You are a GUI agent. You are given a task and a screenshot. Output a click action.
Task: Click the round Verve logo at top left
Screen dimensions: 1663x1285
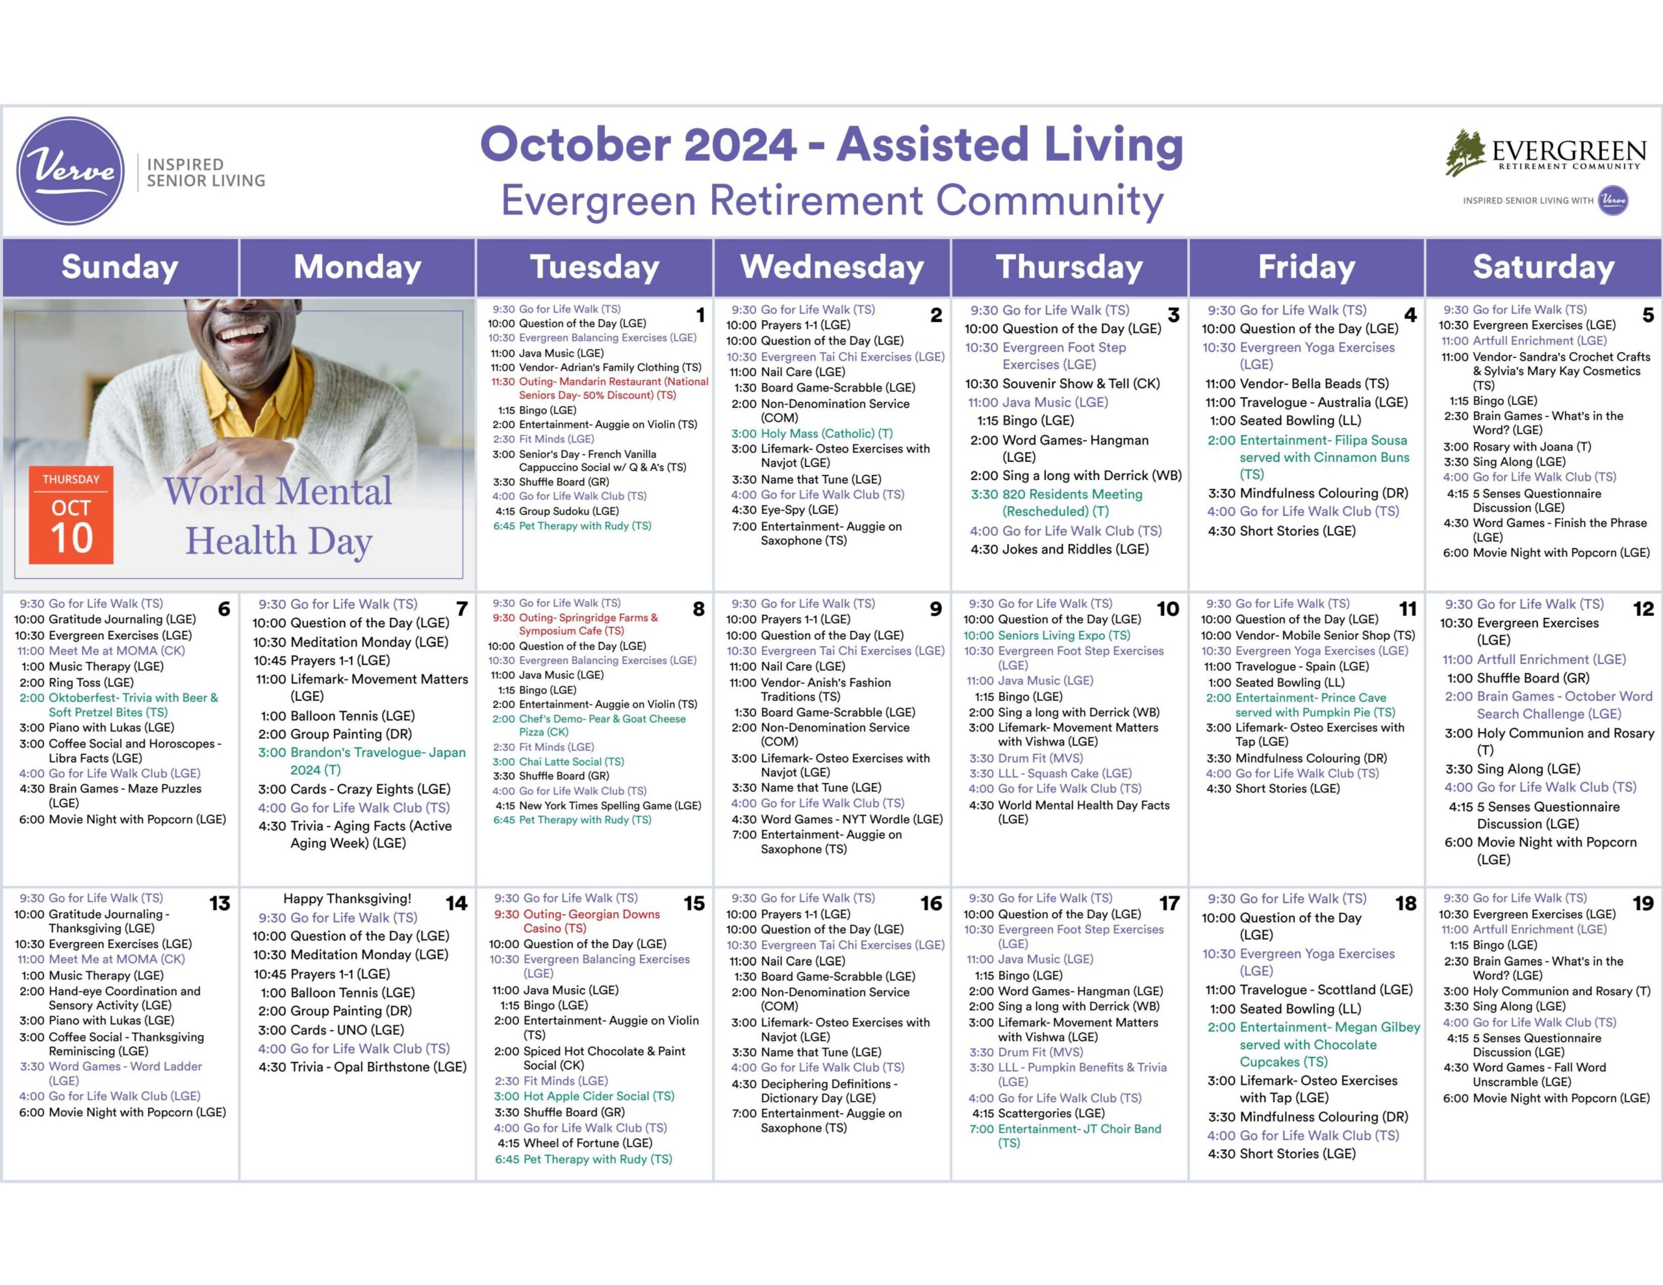click(x=70, y=171)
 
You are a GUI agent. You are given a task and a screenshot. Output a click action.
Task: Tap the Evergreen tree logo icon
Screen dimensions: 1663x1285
click(x=1466, y=152)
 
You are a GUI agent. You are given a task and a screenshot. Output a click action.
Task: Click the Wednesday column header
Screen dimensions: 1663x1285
click(x=831, y=266)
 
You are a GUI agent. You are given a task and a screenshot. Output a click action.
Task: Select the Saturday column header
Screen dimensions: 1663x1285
click(x=1543, y=266)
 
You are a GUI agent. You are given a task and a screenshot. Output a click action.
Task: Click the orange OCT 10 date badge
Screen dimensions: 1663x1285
click(x=71, y=515)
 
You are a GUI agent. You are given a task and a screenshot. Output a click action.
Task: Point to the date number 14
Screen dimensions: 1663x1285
click(x=456, y=904)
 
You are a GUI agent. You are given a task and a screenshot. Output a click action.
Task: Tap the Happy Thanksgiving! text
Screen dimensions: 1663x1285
click(x=348, y=899)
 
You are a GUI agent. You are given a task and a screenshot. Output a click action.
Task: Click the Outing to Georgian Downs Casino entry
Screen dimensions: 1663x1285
click(x=577, y=921)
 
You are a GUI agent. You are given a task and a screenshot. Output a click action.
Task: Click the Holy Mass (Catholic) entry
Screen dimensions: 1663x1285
click(x=812, y=433)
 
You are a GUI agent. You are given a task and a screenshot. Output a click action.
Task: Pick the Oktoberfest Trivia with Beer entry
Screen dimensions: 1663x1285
click(x=119, y=705)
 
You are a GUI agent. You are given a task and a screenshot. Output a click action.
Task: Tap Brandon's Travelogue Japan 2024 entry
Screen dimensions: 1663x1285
click(x=362, y=761)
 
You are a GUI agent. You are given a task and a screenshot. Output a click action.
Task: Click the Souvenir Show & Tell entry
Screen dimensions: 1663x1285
click(x=1062, y=383)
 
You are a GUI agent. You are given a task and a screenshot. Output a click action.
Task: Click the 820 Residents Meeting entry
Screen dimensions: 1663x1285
click(x=1056, y=503)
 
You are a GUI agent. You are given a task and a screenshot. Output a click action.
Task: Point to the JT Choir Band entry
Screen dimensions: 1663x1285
click(x=1065, y=1136)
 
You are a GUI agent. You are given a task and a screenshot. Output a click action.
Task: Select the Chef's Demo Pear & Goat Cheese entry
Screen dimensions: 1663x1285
click(x=589, y=725)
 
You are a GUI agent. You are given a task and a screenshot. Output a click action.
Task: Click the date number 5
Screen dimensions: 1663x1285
click(x=1648, y=315)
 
